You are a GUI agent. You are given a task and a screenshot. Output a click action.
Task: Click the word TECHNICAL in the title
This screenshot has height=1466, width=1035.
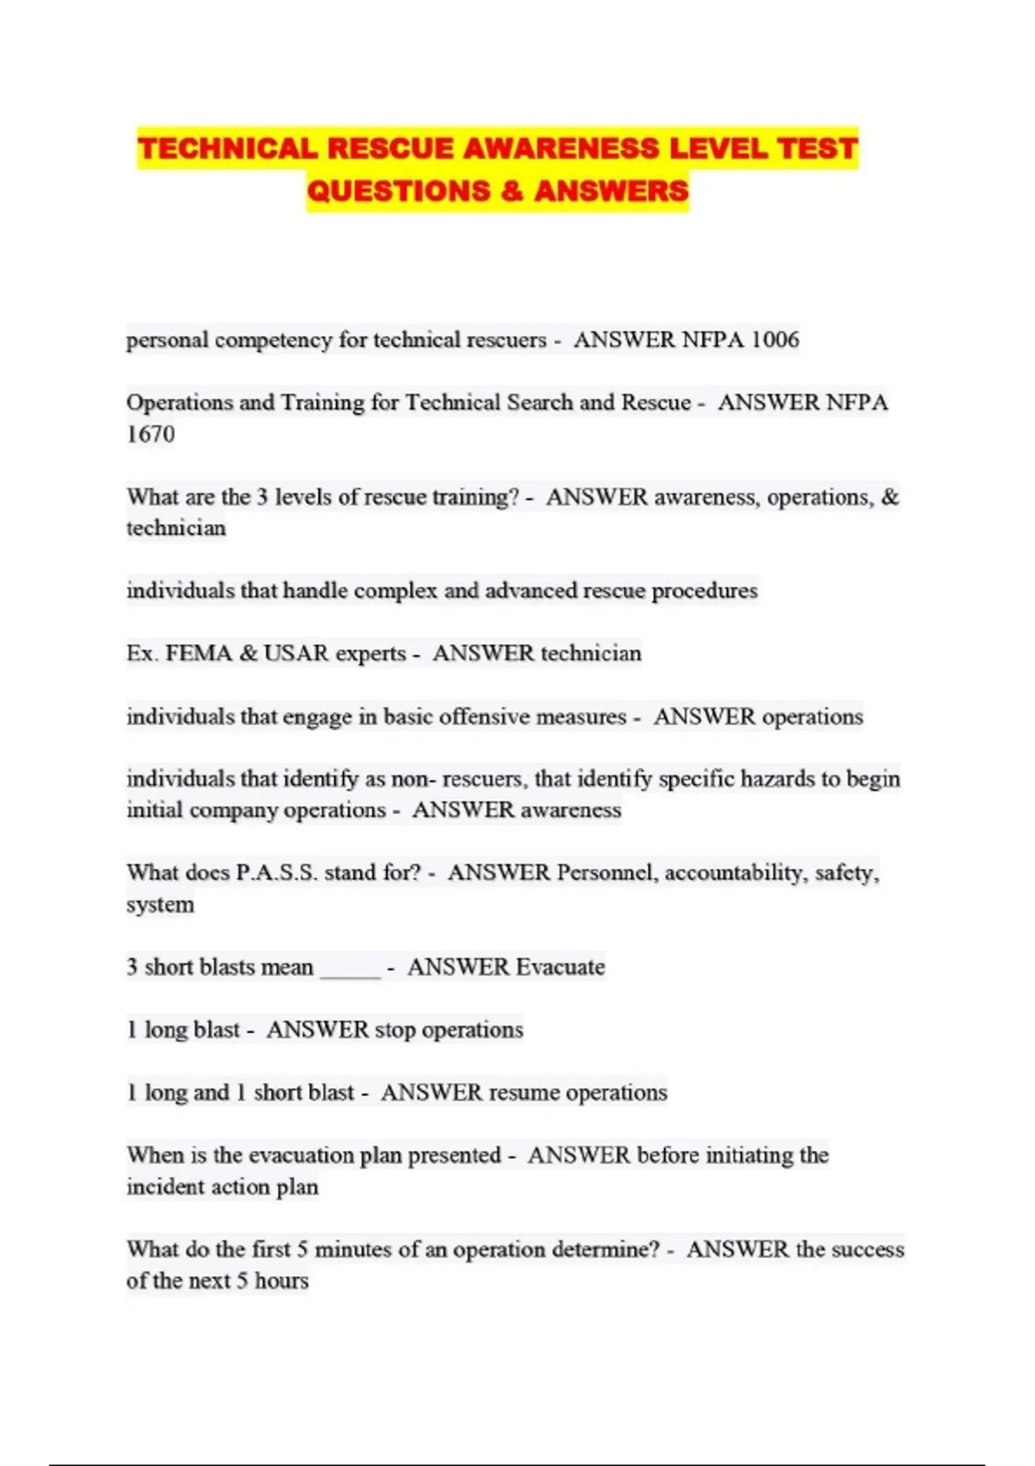(x=228, y=148)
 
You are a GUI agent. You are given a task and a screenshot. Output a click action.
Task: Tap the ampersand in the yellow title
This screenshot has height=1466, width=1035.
(x=511, y=191)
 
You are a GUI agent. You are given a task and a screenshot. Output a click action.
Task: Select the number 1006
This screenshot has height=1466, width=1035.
(x=775, y=340)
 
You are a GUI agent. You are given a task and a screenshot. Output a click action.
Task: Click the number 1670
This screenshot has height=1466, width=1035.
(x=151, y=434)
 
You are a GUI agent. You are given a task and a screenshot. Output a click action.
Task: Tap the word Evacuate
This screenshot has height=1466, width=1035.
(x=561, y=967)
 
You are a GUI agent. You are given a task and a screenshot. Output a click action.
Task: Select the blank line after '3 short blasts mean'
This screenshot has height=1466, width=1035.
(x=350, y=969)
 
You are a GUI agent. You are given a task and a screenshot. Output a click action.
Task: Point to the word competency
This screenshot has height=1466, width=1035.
(x=273, y=340)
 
